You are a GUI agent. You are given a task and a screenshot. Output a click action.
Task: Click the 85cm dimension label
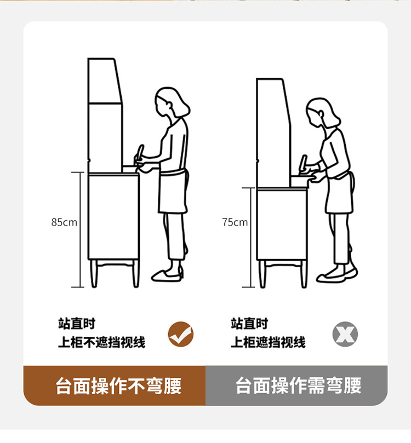click(x=64, y=222)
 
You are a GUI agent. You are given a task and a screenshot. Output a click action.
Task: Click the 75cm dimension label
click(x=235, y=222)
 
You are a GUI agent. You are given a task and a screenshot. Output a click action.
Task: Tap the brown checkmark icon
click(x=181, y=334)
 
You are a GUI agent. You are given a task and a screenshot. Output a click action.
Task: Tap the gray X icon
click(x=345, y=334)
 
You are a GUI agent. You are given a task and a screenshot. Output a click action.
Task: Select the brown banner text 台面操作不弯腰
click(x=118, y=386)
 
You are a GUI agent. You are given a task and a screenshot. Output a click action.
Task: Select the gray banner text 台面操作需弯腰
click(x=299, y=385)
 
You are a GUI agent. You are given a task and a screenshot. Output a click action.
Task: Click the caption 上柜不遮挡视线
click(x=101, y=342)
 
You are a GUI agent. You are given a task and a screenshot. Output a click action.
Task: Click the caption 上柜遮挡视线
click(x=268, y=342)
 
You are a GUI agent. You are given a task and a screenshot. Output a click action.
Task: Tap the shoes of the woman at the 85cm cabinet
click(x=167, y=275)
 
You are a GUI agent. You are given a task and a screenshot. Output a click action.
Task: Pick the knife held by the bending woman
click(x=303, y=164)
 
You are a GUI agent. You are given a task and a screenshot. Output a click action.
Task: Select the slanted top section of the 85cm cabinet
click(x=105, y=81)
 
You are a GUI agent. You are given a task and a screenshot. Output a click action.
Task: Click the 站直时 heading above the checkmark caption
click(x=77, y=324)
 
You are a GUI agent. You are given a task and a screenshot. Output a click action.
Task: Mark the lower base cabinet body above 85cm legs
click(x=113, y=217)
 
